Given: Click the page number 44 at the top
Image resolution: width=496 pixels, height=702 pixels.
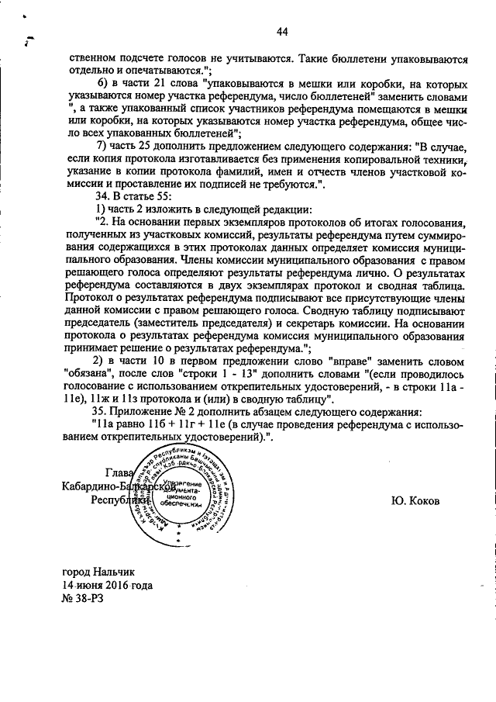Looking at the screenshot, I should point(281,32).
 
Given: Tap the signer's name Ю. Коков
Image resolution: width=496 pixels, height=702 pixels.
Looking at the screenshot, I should point(415,500).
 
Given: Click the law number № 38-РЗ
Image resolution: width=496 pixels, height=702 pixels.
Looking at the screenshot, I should point(84,601).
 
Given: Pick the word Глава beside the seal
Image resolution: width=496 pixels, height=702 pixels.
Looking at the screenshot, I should point(119,472).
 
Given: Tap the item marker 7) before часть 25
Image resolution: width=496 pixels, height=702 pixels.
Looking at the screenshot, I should point(101,147).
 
